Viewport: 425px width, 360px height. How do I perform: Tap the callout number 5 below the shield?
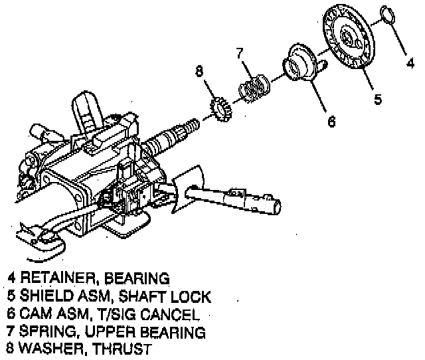coord(377,100)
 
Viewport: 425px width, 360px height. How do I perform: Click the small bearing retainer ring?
coord(389,15)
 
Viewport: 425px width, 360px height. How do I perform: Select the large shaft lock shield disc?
coord(349,39)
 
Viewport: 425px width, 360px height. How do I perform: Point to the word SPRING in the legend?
coord(44,330)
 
